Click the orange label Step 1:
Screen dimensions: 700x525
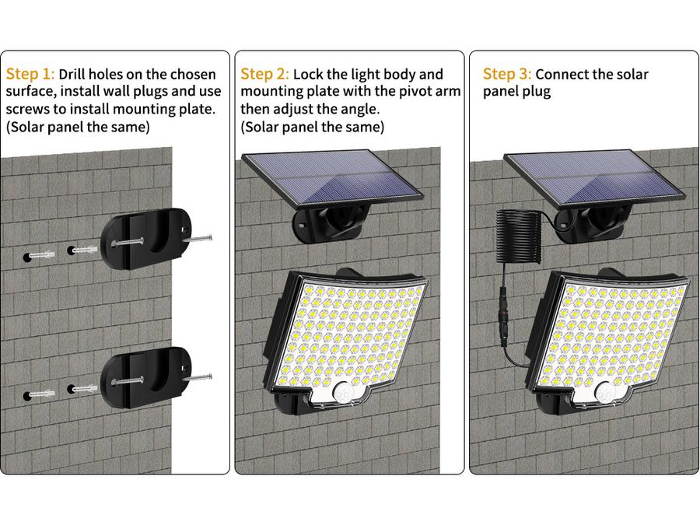(x=30, y=74)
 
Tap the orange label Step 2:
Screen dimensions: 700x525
(x=264, y=74)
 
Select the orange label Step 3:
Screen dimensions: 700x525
(x=507, y=74)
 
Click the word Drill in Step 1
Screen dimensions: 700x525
(x=72, y=74)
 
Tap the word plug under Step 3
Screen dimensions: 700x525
(x=536, y=93)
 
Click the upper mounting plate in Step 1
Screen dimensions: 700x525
(x=146, y=239)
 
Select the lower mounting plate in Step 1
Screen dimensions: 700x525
(x=146, y=377)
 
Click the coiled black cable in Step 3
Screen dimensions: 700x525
(x=518, y=236)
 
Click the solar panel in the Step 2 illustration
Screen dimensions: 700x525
(x=332, y=178)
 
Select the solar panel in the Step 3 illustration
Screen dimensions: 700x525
(x=594, y=178)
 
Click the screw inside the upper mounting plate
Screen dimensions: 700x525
(x=128, y=243)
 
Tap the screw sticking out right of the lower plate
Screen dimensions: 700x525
(x=197, y=378)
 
